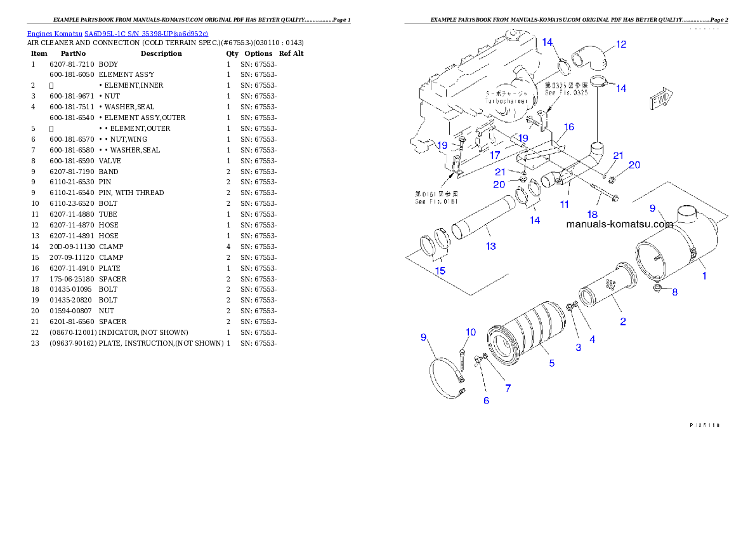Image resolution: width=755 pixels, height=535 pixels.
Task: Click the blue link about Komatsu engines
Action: tap(117, 33)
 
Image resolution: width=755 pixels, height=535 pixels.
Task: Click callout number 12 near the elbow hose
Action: tap(621, 44)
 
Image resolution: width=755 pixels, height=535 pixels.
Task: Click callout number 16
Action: tap(568, 127)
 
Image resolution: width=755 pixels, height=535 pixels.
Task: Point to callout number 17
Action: tap(495, 154)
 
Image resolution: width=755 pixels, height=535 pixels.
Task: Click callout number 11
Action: tap(564, 205)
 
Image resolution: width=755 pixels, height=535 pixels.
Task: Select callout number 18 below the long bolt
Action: tap(592, 215)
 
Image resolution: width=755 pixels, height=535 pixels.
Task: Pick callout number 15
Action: tap(440, 271)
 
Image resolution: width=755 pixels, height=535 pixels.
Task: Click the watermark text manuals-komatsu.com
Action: tap(619, 224)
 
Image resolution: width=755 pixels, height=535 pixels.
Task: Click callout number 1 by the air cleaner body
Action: tap(704, 276)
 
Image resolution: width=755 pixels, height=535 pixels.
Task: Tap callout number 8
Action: tap(674, 292)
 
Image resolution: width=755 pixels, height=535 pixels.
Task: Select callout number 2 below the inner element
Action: tap(622, 322)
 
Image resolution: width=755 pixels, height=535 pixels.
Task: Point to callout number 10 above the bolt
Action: tap(470, 332)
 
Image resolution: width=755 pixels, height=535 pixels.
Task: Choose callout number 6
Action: tap(486, 401)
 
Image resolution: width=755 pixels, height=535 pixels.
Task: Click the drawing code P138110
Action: tap(704, 425)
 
